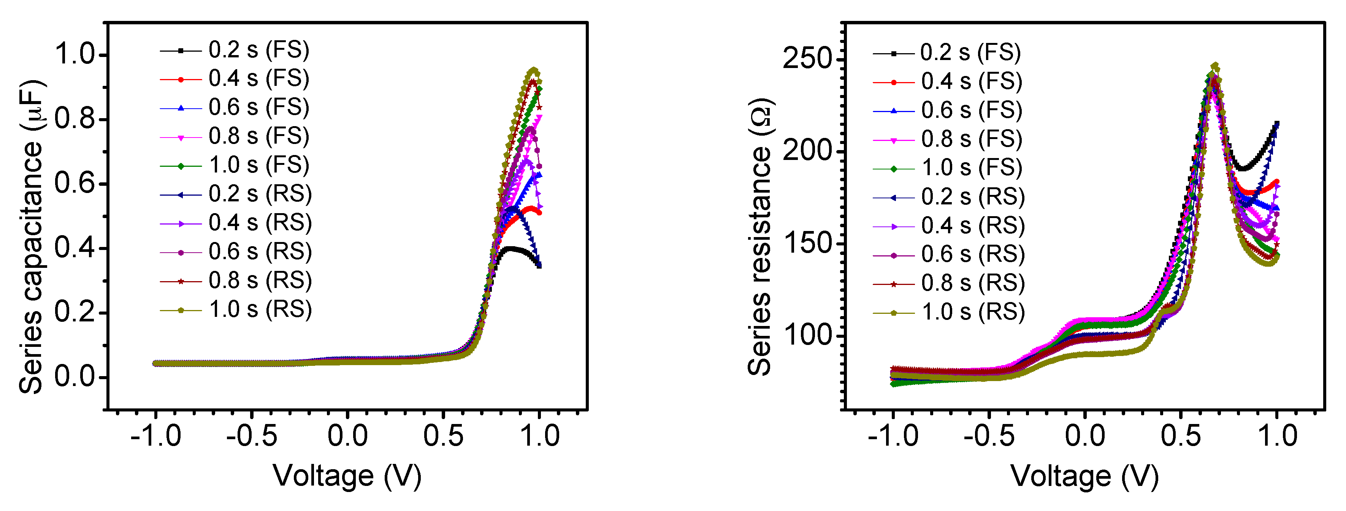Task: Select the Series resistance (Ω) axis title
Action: coord(759,236)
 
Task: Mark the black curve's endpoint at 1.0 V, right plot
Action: coord(1276,124)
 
